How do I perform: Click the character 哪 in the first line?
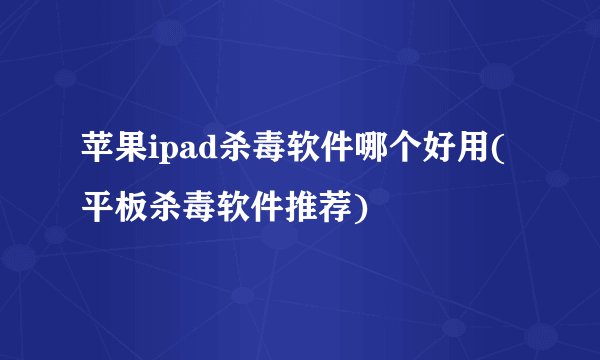370,155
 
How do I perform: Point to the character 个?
403,155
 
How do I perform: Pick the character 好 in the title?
436,155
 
